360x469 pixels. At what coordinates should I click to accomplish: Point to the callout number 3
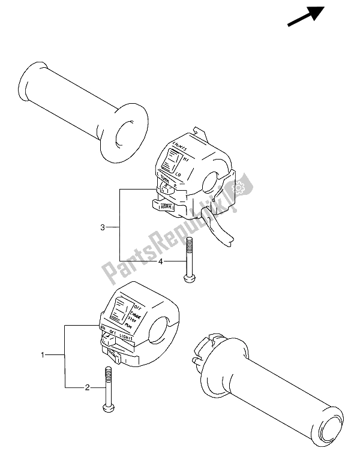coord(103,227)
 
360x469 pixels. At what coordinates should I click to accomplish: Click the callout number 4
coord(160,261)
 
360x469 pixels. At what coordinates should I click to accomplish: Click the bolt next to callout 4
coord(188,258)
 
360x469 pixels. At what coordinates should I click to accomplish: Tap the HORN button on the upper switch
coord(163,206)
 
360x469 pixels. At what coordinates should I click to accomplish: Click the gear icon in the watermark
coord(242,189)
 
